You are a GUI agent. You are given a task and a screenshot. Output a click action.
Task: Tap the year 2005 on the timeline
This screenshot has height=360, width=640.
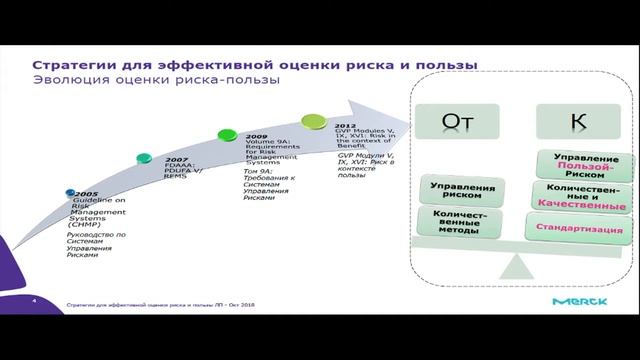(x=84, y=194)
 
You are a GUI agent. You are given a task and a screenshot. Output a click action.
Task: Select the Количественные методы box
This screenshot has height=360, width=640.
(x=462, y=223)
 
